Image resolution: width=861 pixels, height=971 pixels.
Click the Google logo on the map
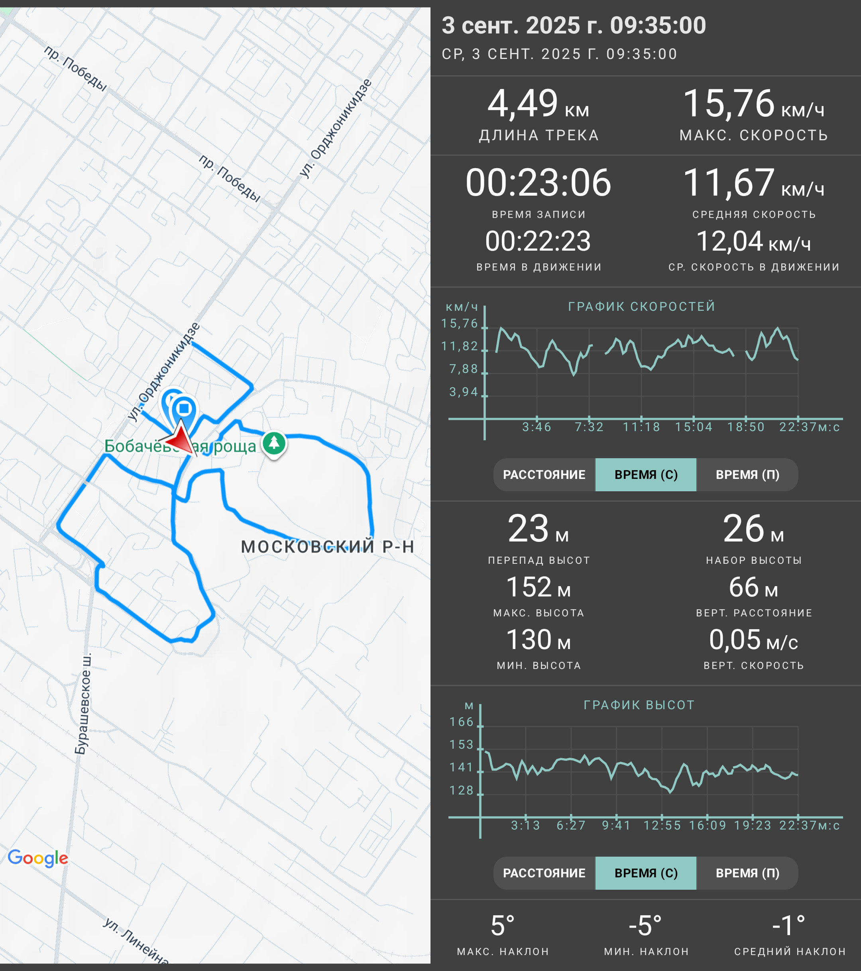[38, 858]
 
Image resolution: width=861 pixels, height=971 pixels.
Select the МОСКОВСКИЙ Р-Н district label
[327, 547]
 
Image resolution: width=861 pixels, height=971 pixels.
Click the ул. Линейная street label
[136, 941]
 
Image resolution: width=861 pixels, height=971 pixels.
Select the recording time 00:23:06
[539, 183]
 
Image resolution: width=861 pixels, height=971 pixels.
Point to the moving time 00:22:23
[539, 241]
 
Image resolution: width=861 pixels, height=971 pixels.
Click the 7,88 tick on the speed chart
[463, 369]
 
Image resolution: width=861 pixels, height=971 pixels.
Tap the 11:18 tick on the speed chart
[641, 427]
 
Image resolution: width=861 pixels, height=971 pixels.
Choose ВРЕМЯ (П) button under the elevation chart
[747, 873]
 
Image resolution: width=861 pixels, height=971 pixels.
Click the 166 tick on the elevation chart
[461, 722]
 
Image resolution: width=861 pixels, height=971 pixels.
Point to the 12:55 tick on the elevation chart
[662, 826]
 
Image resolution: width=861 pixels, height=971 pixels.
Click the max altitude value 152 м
[539, 587]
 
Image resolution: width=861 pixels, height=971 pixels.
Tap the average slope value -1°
[789, 926]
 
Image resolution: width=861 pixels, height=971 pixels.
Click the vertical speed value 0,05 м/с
[754, 640]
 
